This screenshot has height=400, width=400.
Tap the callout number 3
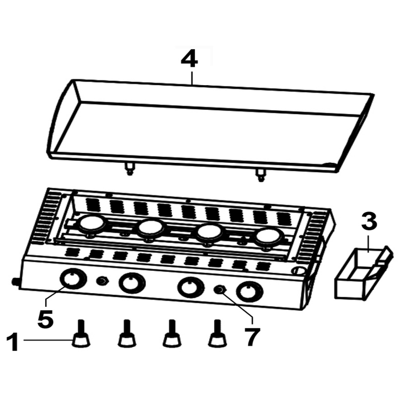click(369, 222)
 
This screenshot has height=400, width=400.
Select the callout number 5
click(45, 319)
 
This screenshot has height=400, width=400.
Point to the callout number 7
click(252, 337)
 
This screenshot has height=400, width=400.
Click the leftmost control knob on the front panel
click(73, 279)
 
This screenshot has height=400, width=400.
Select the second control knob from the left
click(132, 283)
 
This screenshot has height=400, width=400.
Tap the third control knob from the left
click(191, 287)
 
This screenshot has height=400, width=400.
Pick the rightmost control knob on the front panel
click(250, 292)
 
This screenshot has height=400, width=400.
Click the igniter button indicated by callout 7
click(220, 290)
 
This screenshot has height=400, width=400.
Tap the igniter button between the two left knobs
click(103, 281)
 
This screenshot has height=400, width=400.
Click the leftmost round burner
click(92, 223)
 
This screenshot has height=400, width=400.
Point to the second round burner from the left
click(151, 228)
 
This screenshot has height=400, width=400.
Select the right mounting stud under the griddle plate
click(261, 175)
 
